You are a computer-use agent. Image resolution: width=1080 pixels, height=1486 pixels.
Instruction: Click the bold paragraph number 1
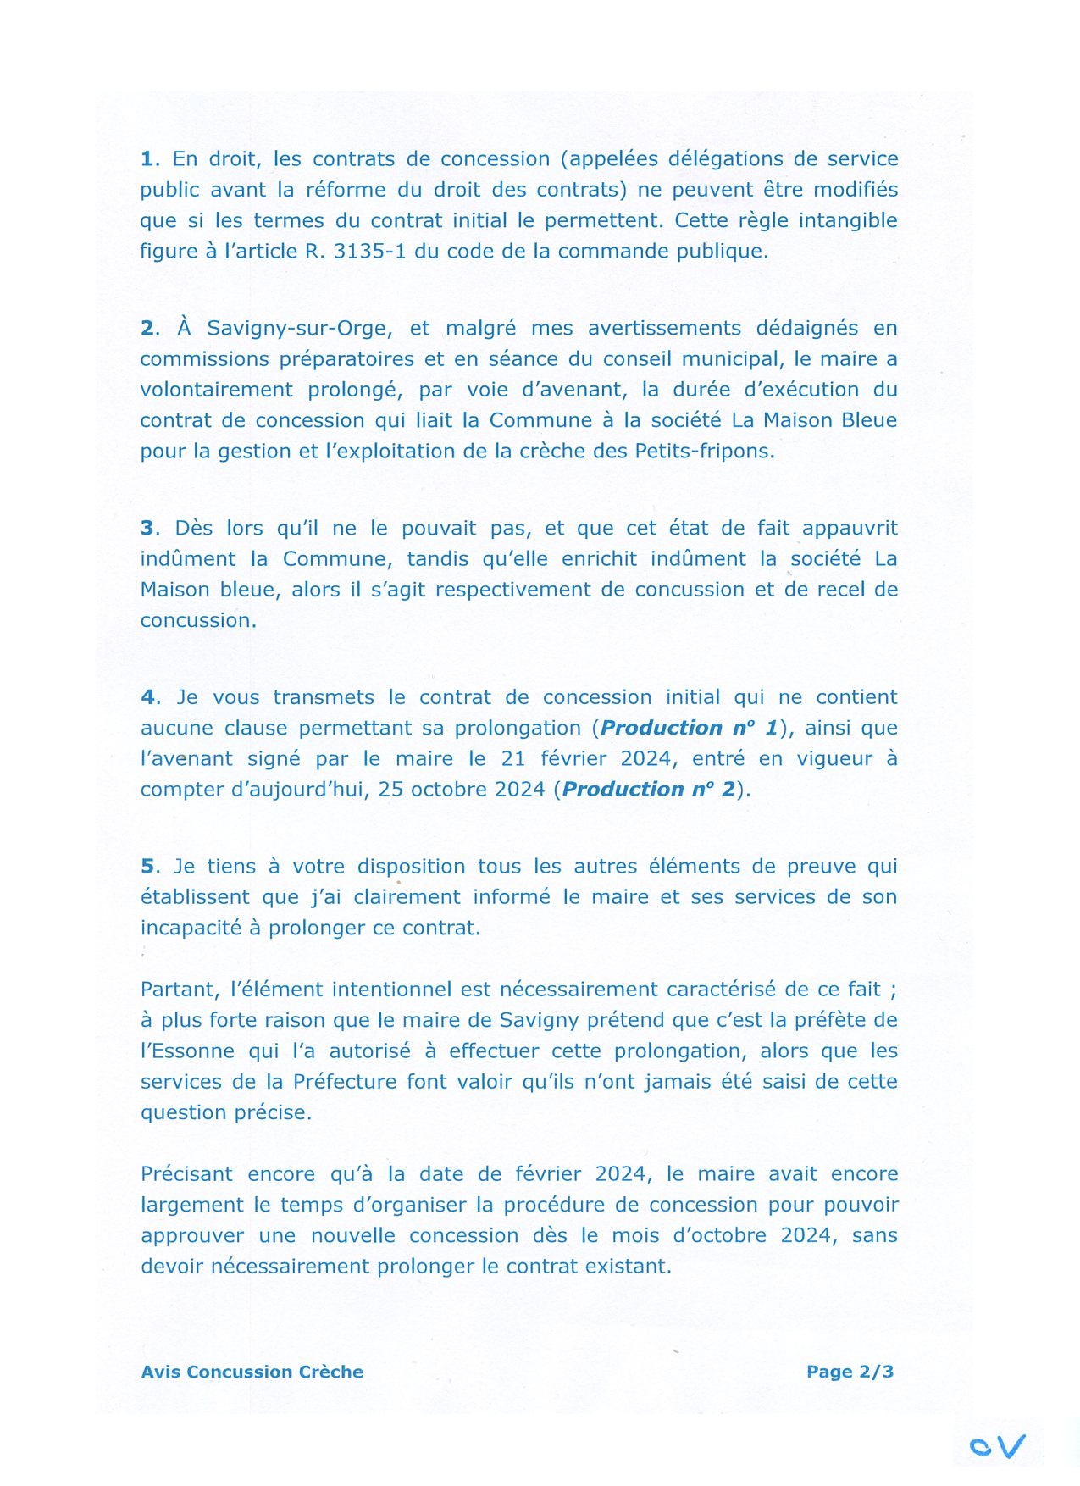tap(148, 159)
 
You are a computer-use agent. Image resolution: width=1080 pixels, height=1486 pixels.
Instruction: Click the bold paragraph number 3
tap(149, 529)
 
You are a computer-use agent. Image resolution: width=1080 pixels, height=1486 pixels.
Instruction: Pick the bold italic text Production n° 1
tap(689, 729)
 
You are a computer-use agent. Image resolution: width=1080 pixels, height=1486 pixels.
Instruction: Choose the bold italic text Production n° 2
tap(648, 790)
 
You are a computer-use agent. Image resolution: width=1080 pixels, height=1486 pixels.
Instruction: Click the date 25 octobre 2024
tap(461, 790)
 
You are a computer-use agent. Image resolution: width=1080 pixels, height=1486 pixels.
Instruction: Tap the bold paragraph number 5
tap(149, 867)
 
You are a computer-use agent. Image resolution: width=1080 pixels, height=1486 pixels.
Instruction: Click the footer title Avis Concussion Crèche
tap(252, 1372)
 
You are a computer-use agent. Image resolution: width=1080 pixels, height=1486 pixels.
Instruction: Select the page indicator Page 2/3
tap(850, 1372)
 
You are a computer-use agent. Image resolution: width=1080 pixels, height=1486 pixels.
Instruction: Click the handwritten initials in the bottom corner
tap(998, 1446)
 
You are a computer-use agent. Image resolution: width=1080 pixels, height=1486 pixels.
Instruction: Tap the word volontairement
tap(216, 391)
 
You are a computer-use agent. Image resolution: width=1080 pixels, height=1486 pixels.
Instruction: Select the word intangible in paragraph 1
tap(847, 221)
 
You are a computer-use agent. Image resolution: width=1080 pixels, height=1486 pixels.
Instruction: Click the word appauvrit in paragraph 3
tap(850, 529)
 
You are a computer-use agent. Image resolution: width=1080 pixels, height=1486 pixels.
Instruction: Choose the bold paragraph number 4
tap(149, 698)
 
